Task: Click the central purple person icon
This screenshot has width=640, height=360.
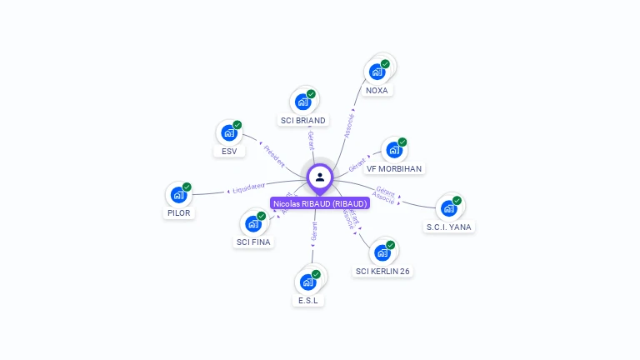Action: (x=320, y=177)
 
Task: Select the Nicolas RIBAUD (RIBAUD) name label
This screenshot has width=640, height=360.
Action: (x=320, y=203)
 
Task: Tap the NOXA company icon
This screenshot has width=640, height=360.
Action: (x=377, y=72)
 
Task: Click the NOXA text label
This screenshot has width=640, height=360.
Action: (x=377, y=90)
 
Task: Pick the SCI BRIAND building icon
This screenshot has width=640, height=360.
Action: (x=302, y=102)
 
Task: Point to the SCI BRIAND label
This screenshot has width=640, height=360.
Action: (x=303, y=120)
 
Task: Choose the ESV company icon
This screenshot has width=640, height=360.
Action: (x=228, y=132)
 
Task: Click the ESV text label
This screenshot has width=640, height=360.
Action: (x=228, y=151)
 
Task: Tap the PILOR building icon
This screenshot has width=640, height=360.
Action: (x=178, y=194)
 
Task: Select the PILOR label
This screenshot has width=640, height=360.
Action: (x=178, y=212)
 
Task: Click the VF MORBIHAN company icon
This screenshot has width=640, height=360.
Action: (x=394, y=150)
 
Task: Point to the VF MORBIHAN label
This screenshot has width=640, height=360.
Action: (x=394, y=168)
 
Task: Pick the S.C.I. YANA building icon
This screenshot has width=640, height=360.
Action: (x=448, y=207)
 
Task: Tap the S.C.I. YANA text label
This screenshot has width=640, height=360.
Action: (x=449, y=226)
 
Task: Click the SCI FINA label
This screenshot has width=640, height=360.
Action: (x=253, y=242)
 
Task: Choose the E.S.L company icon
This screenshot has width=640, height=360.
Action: (x=307, y=282)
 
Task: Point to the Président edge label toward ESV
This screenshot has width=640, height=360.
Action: (x=274, y=153)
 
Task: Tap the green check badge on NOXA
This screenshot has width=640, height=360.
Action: (x=385, y=64)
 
